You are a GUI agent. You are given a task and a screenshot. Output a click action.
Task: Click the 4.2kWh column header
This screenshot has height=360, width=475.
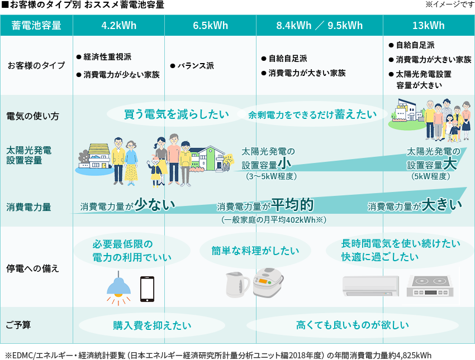point(118,26)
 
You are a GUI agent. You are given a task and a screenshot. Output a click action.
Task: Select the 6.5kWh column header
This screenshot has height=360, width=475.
point(210,26)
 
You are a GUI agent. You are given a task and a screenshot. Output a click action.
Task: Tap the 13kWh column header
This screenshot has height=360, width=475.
point(429,26)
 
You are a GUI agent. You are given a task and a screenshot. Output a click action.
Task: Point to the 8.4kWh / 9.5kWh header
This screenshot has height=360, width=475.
point(319,26)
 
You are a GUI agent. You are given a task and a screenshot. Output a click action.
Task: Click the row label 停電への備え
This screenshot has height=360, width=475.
point(32,268)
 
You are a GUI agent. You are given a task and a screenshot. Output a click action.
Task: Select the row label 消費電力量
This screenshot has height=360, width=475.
point(28,207)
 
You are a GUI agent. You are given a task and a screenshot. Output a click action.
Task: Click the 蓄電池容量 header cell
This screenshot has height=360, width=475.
point(36,26)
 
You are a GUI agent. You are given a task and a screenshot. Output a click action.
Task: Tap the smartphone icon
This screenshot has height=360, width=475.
point(147,289)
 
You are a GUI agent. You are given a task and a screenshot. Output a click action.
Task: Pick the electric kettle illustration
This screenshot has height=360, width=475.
point(237,285)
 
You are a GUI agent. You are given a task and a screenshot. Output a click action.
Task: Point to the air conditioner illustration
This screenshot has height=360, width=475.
point(370,286)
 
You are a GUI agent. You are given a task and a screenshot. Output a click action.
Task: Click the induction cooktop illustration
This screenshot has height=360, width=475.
point(432,287)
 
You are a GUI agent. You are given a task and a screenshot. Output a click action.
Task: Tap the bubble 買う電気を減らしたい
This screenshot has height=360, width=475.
point(177,114)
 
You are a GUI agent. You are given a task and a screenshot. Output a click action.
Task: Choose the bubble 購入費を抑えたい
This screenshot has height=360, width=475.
point(152,325)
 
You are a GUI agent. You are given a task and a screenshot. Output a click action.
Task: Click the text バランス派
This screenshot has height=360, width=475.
point(196,66)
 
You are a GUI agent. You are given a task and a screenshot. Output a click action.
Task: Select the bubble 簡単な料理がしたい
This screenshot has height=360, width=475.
point(255,251)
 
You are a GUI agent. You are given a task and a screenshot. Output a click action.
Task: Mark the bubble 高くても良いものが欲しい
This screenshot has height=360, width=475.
point(352,325)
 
